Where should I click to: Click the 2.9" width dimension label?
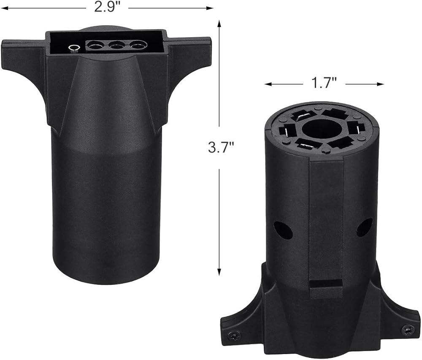click(x=107, y=7)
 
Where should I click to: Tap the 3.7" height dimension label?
click(x=221, y=147)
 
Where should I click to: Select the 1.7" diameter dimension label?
click(x=324, y=83)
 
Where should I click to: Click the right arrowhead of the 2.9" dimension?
click(x=210, y=8)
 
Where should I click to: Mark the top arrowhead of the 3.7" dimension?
click(x=219, y=24)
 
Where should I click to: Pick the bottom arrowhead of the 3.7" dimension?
click(x=219, y=272)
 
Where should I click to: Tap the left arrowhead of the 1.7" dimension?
click(x=268, y=84)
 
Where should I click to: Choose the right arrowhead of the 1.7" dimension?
click(x=380, y=84)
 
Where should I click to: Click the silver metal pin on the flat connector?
click(x=74, y=49)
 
